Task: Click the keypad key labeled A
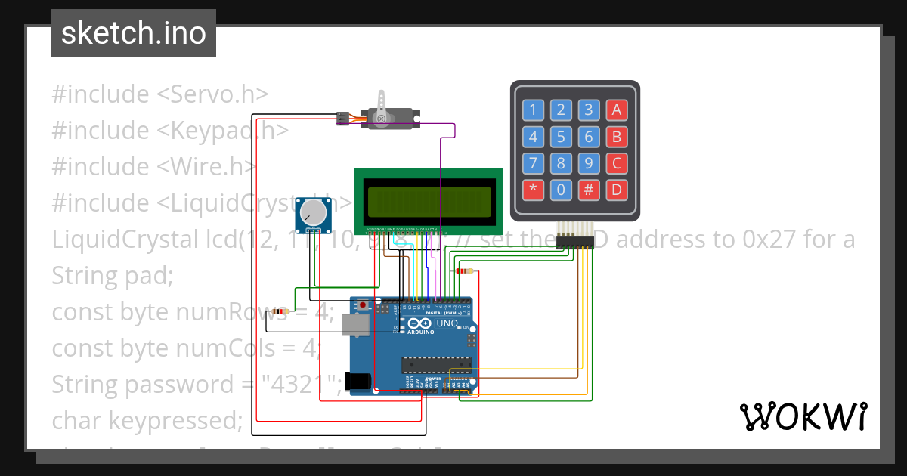(616, 110)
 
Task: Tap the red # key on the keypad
(588, 190)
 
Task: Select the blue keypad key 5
(560, 137)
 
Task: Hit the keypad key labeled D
(616, 190)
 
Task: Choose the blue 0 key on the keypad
(560, 190)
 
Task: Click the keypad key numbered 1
(532, 110)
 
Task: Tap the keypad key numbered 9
(588, 163)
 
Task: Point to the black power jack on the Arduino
(358, 382)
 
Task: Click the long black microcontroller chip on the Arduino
(436, 365)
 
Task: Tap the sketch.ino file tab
(134, 33)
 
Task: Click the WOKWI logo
(803, 416)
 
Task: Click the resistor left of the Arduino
(280, 311)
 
